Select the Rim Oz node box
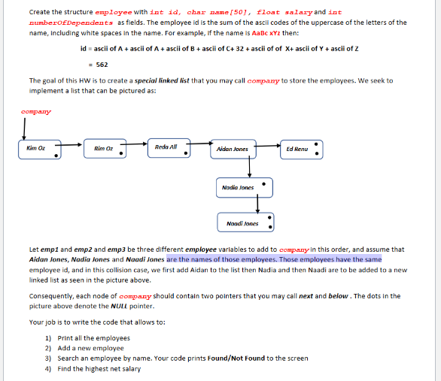point(104,149)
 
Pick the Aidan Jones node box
point(235,149)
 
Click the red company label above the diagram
point(36,113)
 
